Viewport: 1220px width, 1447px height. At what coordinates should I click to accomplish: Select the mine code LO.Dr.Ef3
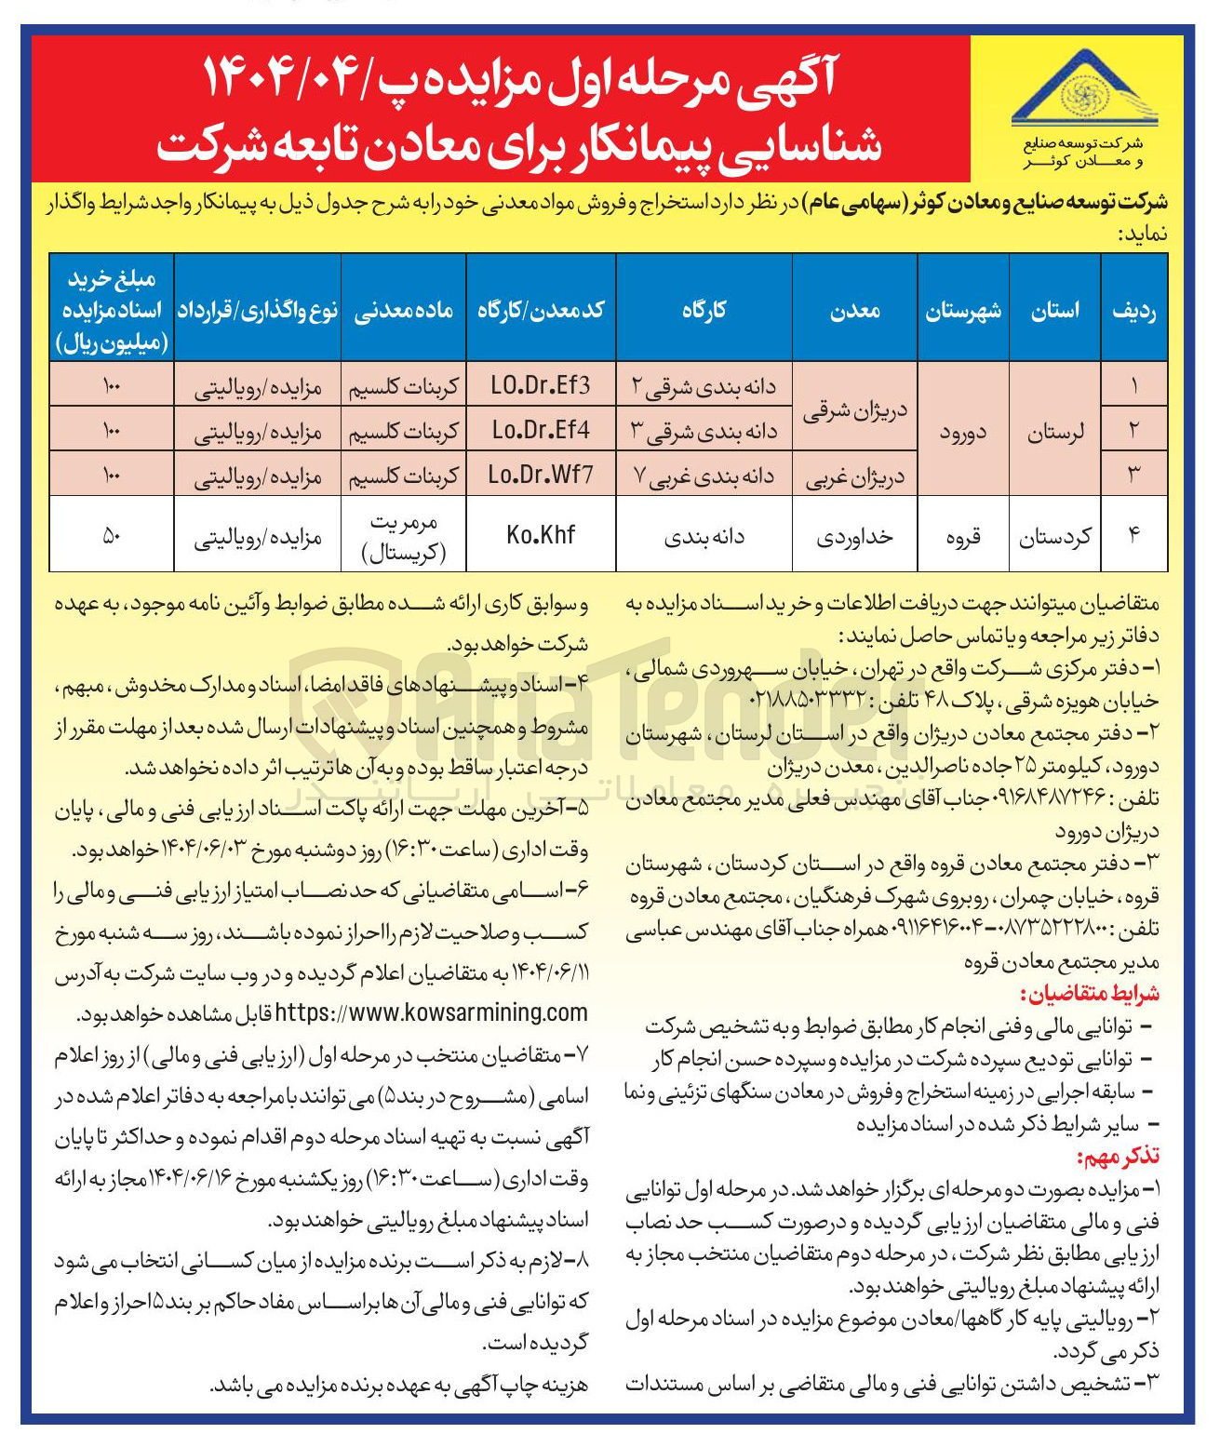coord(541,384)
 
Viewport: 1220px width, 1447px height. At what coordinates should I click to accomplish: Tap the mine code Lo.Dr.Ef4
coord(541,430)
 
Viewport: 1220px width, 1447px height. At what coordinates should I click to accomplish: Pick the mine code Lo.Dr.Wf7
coord(541,475)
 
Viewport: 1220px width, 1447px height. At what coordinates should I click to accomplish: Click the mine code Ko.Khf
coord(541,535)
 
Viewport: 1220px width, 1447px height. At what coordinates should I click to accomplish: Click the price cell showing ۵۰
coord(112,535)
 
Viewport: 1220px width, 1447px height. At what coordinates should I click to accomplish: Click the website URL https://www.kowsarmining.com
coord(433,1012)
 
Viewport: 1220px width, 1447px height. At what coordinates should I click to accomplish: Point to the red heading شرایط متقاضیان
coord(1090,993)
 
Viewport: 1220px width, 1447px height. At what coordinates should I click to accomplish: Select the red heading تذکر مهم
coord(1117,1157)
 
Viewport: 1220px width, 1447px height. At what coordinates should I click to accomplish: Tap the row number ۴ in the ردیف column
coord(1133,535)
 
